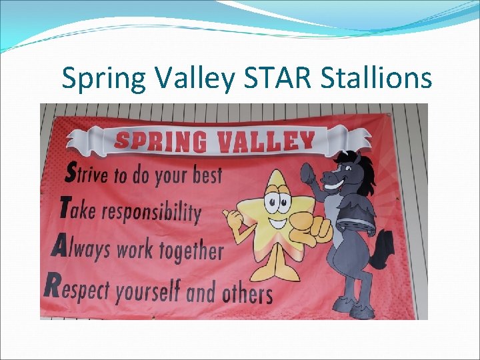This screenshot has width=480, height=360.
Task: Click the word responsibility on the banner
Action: (155, 213)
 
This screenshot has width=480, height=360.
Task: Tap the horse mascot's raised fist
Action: (309, 177)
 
